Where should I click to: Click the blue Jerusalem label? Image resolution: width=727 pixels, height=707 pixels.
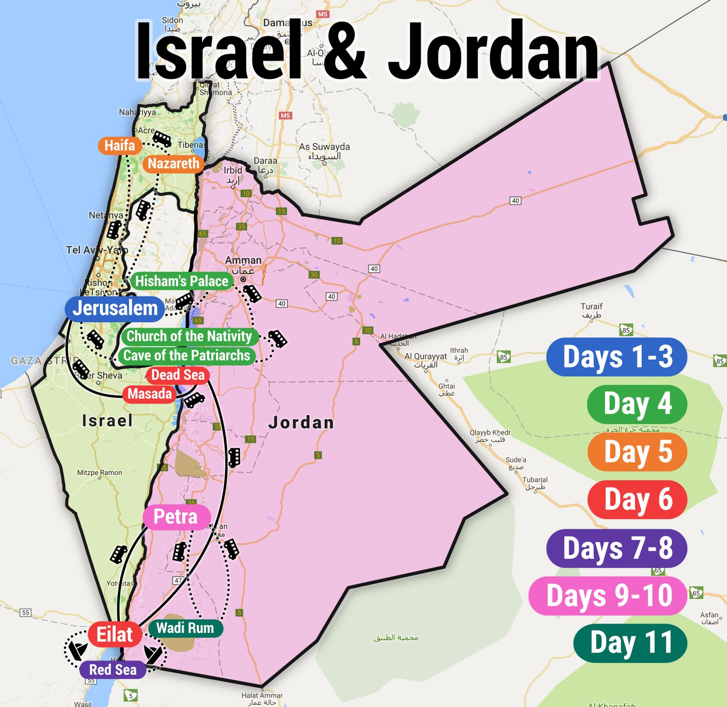pyautogui.click(x=115, y=308)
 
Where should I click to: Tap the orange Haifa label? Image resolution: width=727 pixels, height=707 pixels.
pyautogui.click(x=120, y=145)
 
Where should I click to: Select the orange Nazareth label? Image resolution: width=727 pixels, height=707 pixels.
pyautogui.click(x=173, y=164)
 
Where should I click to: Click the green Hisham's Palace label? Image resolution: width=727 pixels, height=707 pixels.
pyautogui.click(x=181, y=281)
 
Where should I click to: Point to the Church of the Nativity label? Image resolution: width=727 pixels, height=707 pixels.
pyautogui.click(x=189, y=336)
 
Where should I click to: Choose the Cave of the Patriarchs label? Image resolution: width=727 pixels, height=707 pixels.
pyautogui.click(x=187, y=356)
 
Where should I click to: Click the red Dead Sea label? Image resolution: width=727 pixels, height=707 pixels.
pyautogui.click(x=178, y=375)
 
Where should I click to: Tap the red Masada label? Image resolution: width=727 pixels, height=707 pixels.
pyautogui.click(x=149, y=394)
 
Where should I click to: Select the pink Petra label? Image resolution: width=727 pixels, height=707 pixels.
pyautogui.click(x=175, y=517)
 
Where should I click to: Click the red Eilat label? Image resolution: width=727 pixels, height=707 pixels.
pyautogui.click(x=114, y=634)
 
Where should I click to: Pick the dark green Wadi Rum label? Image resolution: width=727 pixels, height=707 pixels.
pyautogui.click(x=185, y=628)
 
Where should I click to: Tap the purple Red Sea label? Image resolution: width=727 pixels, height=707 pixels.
pyautogui.click(x=113, y=670)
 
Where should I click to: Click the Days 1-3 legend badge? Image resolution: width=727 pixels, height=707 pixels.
pyautogui.click(x=617, y=357)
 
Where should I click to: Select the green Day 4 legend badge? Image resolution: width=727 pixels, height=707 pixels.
pyautogui.click(x=637, y=404)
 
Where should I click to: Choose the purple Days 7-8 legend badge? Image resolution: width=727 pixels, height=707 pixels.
pyautogui.click(x=617, y=548)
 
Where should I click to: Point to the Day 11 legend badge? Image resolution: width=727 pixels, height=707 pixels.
pyautogui.click(x=631, y=643)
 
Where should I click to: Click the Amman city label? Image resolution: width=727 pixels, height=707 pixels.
pyautogui.click(x=243, y=261)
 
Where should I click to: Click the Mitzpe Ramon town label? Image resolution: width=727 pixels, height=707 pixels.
pyautogui.click(x=99, y=472)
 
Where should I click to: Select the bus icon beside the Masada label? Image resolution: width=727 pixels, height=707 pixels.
pyautogui.click(x=194, y=400)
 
